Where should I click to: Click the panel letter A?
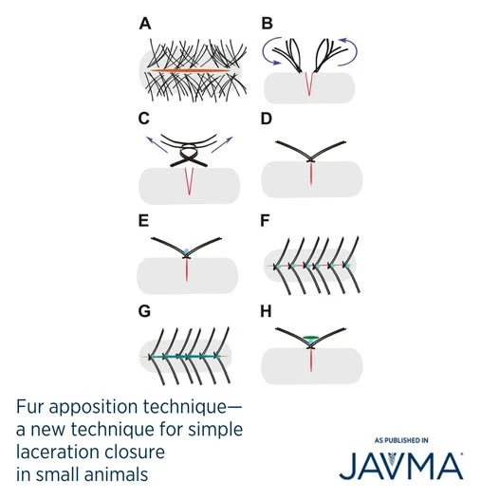pos(145,24)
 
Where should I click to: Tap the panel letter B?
pos(267,24)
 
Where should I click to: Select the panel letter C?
pos(144,119)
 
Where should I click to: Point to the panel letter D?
pos(267,119)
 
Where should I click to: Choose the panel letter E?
pos(143,220)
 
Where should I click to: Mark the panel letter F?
pos(265,220)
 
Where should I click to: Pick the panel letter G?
pos(144,311)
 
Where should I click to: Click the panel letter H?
pos(266,311)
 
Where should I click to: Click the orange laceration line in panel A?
pos(191,70)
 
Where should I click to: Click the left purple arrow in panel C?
pos(157,145)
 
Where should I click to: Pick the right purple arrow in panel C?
pos(222,145)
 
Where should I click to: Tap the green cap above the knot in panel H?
pos(310,338)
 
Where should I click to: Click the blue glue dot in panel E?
pos(187,251)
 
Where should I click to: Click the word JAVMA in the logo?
pos(401,466)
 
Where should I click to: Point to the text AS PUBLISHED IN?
pos(401,440)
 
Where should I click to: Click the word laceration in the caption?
pos(58,452)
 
